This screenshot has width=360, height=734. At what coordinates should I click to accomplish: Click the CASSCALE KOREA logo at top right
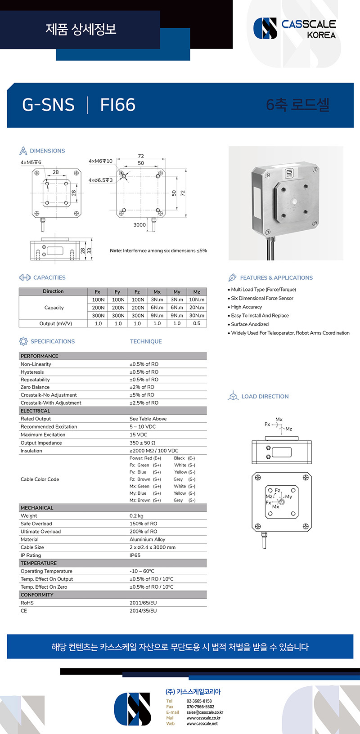point(295,28)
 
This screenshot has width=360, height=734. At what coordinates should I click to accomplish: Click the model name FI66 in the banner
point(117,105)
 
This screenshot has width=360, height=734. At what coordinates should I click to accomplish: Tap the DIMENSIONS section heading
point(47,151)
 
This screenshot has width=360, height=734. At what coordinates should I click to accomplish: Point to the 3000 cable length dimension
point(139,225)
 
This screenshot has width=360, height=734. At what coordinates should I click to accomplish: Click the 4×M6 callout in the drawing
point(100,161)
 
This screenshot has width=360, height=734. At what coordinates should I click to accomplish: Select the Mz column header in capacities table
point(197,291)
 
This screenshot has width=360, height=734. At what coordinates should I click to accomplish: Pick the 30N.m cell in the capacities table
point(197,315)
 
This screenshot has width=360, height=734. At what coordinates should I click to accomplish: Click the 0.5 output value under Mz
point(197,323)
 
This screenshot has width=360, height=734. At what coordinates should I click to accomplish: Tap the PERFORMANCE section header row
point(40,356)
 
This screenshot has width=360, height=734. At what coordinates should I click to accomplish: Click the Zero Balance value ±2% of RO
point(142,387)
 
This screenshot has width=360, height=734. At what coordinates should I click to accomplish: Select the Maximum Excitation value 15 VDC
point(138,434)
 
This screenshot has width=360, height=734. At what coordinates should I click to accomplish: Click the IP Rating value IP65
point(135,555)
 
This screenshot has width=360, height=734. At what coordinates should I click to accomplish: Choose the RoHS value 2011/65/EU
point(143,603)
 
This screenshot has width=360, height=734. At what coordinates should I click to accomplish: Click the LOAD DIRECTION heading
point(265,396)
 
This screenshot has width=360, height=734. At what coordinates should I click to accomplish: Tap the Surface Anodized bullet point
point(250,324)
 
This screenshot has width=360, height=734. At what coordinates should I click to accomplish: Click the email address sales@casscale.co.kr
point(205,712)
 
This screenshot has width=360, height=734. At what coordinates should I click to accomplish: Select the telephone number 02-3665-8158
point(199,701)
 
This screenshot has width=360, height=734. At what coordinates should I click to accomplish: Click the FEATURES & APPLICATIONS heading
point(276,277)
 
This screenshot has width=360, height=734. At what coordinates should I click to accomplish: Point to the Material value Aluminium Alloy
point(147,539)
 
